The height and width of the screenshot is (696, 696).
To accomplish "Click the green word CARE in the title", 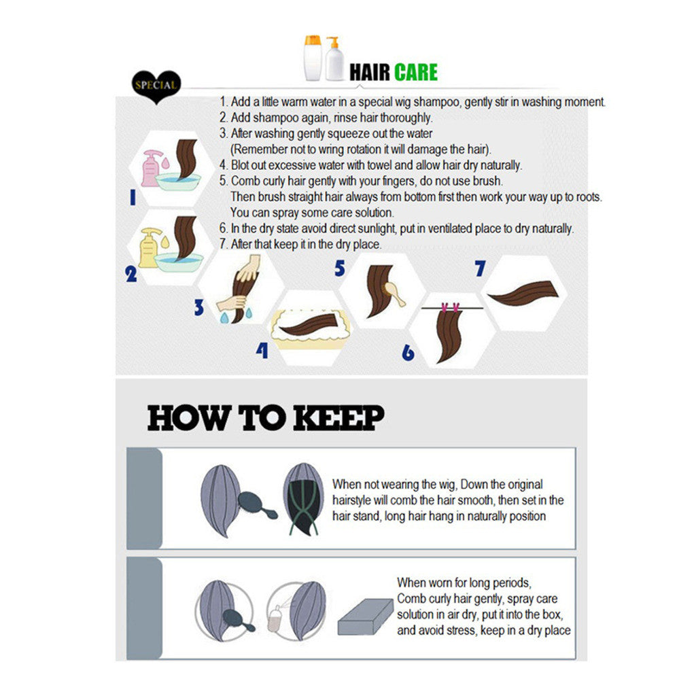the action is [x=415, y=72].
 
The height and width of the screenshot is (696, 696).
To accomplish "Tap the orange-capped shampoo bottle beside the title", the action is [x=313, y=58].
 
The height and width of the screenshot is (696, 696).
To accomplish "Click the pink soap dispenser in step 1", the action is [x=150, y=169].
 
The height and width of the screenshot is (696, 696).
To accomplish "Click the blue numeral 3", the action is [x=199, y=307].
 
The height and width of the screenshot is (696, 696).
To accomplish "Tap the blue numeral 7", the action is [x=480, y=268].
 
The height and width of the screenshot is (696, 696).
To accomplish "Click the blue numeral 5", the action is [x=340, y=268].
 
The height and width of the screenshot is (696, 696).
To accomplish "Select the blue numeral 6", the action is [x=408, y=353].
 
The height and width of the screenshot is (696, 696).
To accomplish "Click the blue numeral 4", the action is [x=262, y=350].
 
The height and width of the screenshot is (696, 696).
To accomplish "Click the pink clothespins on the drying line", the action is [x=450, y=307].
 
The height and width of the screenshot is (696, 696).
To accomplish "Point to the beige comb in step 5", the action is [x=394, y=294].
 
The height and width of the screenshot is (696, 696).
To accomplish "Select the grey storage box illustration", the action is [x=365, y=616].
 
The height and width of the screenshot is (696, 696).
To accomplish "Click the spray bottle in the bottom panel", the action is [x=275, y=617].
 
